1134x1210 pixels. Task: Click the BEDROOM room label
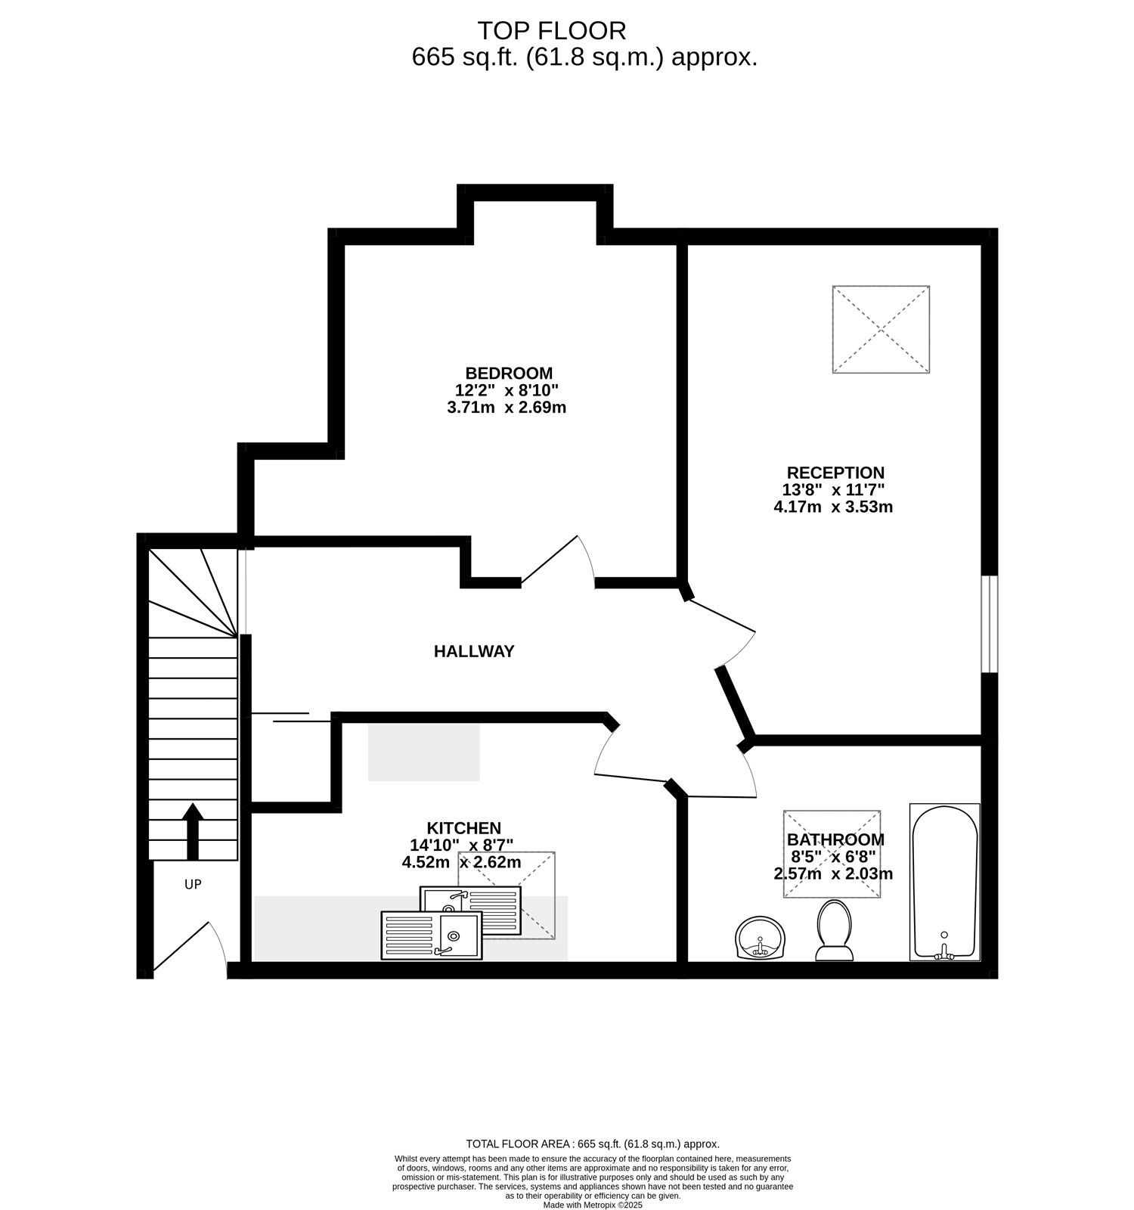[x=509, y=373]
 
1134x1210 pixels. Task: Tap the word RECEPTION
[x=835, y=473]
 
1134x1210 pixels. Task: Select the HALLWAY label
[x=474, y=651]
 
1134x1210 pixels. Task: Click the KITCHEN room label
[x=464, y=828]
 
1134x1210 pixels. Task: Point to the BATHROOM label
[x=835, y=839]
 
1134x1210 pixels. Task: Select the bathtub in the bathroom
[x=945, y=882]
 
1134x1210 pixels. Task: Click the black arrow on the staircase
[x=194, y=831]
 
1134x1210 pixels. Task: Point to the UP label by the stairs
[x=193, y=884]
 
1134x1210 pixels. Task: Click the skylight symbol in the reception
[x=881, y=329]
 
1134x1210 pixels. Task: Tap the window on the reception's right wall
[x=990, y=624]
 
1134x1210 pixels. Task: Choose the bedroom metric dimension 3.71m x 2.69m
[x=507, y=408]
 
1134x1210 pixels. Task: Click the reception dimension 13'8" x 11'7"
[x=835, y=490]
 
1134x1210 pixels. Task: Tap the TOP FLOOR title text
[x=552, y=31]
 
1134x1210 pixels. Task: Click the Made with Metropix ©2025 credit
[x=593, y=1205]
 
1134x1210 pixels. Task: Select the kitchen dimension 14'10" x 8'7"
[x=462, y=845]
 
